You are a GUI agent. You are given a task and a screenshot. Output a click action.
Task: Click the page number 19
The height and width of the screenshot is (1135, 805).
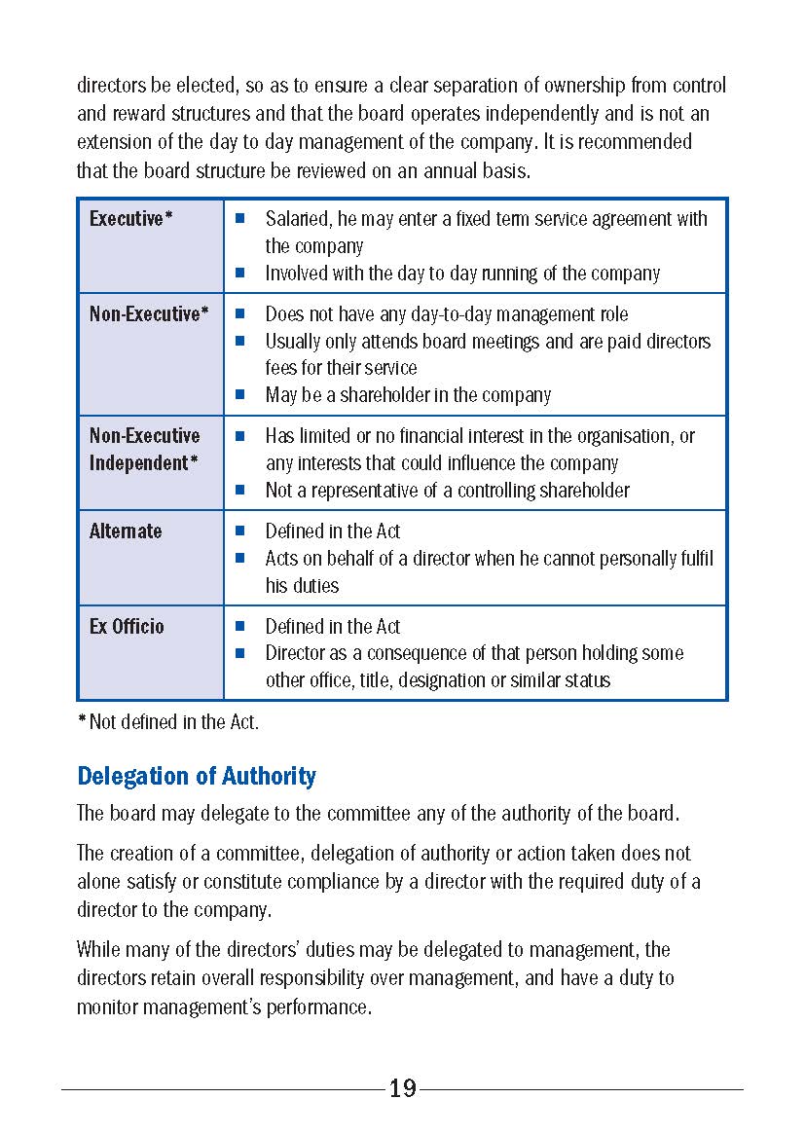(x=402, y=1088)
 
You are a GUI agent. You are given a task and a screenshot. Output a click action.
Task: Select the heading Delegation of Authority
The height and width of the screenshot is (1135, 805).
(x=197, y=776)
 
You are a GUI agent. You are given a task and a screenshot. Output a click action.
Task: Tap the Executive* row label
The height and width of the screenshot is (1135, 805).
(x=130, y=219)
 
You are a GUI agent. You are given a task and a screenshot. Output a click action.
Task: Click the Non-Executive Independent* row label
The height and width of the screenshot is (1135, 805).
(x=144, y=449)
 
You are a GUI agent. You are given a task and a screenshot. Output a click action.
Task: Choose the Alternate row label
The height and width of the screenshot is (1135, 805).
(x=126, y=531)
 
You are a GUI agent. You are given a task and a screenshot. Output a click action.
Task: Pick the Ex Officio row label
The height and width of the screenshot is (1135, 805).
(x=127, y=627)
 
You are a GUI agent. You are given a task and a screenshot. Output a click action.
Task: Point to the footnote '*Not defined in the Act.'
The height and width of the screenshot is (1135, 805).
(x=167, y=722)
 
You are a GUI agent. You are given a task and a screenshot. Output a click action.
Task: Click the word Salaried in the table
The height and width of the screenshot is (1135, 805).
(x=298, y=219)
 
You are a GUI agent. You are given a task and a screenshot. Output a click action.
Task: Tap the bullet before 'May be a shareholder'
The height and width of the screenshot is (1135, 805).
(x=239, y=395)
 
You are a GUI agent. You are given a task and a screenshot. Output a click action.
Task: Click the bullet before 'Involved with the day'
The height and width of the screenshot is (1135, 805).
(x=239, y=274)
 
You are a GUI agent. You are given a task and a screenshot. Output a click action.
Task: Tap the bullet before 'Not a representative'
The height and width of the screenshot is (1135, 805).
(x=239, y=491)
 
